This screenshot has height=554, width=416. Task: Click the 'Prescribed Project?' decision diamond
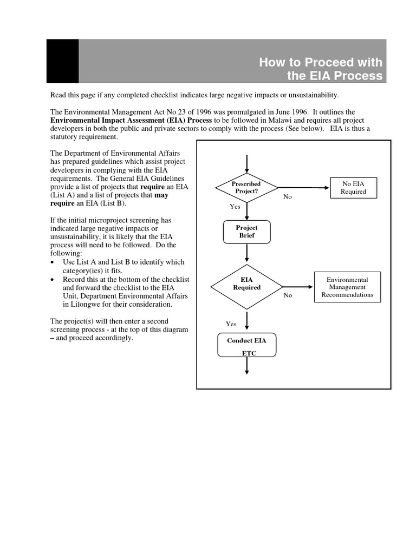click(246, 188)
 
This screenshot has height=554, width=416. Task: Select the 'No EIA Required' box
click(353, 188)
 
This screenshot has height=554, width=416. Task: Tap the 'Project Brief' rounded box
click(247, 232)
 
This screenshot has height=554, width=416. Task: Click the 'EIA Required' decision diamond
click(246, 283)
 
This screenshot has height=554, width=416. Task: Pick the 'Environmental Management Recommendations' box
click(347, 287)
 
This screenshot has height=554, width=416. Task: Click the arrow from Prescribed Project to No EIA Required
click(303, 188)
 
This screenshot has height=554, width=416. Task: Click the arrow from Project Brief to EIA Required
click(247, 253)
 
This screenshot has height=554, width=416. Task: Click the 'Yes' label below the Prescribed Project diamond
click(235, 207)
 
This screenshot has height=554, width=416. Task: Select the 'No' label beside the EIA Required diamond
click(288, 295)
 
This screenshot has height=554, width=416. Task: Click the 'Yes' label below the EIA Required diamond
click(231, 324)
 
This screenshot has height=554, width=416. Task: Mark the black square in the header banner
click(62, 61)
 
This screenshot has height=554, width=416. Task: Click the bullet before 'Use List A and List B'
click(52, 262)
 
